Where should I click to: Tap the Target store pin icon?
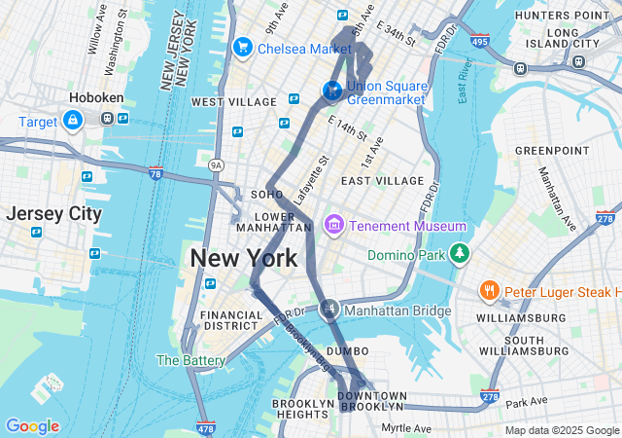coord(72,120)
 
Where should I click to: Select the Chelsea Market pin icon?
coord(242,47)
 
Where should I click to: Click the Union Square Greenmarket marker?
coord(331,91)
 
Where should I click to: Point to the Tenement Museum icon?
coord(333,226)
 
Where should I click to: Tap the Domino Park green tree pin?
coord(459,255)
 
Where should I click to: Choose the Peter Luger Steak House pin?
coord(489,291)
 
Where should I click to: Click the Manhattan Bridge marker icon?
coord(330,310)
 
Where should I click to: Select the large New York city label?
coord(244,259)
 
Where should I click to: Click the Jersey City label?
coord(52,213)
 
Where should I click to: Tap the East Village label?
coord(382,181)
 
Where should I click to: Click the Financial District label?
coord(231,322)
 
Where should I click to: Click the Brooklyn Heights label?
coord(302,409)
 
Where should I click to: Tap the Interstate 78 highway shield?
coord(155,173)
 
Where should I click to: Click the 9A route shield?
coord(216,165)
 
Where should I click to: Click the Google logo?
coord(32,426)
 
